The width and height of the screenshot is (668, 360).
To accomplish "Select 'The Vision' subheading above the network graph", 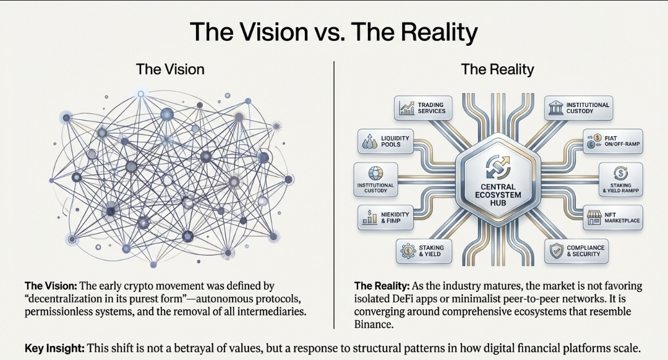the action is (x=169, y=69).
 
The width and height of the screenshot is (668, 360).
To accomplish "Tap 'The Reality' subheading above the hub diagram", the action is (x=497, y=69).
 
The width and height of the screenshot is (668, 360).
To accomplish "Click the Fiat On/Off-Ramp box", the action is (x=611, y=140).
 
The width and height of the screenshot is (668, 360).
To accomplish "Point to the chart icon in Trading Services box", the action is (x=406, y=109).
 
